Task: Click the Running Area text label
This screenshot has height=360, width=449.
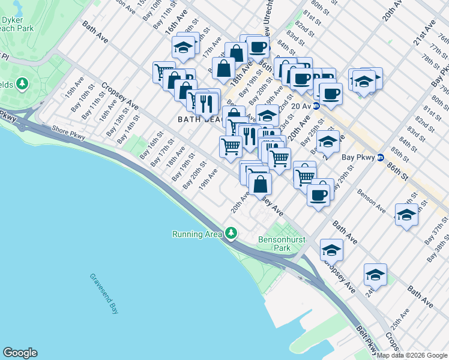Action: coord(197,234)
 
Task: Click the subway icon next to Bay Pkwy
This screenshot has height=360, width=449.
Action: coord(379,158)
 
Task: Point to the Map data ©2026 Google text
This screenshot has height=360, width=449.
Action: coord(411,355)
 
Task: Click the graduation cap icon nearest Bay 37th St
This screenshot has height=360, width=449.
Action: coord(406,215)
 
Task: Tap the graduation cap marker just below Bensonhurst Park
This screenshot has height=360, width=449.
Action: coord(331,249)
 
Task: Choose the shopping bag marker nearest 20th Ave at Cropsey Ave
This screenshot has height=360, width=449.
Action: coord(260,184)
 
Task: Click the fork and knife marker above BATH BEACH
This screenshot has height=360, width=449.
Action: coord(206,103)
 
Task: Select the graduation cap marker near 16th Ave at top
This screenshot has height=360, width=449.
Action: coord(184,47)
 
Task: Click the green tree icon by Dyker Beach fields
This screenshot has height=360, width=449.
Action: coord(23,83)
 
